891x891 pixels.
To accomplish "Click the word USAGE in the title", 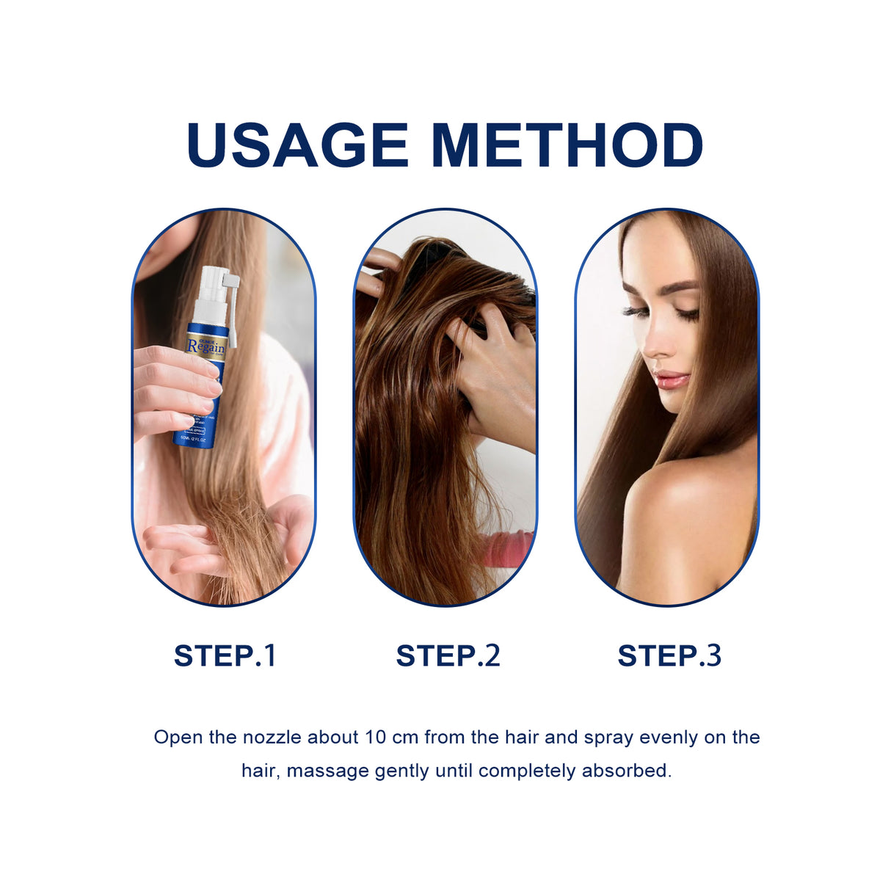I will pyautogui.click(x=297, y=145).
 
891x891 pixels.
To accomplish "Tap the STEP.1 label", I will pyautogui.click(x=225, y=655).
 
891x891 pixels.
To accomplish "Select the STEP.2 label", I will pyautogui.click(x=448, y=655).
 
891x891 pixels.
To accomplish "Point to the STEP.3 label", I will pyautogui.click(x=669, y=655).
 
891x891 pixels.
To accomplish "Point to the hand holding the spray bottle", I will pyautogui.click(x=172, y=389).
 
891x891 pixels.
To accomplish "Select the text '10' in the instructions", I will pyautogui.click(x=375, y=737).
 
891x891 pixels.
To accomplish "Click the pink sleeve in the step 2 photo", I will pyautogui.click(x=506, y=548).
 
